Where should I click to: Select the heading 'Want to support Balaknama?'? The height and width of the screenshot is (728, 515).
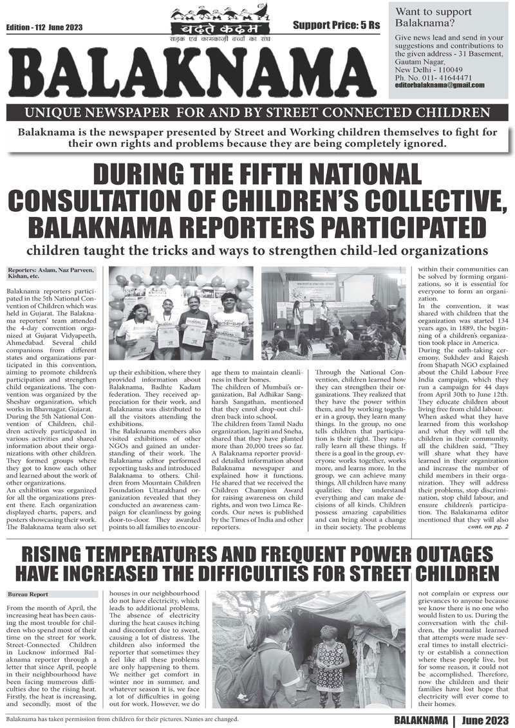tap(433, 17)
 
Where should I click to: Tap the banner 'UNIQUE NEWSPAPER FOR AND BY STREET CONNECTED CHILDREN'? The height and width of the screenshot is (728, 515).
tap(257, 114)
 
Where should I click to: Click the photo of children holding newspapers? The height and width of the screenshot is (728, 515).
tap(180, 312)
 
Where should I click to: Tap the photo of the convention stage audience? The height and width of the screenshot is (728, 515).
tap(334, 312)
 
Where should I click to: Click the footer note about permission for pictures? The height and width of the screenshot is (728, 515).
tap(122, 718)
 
